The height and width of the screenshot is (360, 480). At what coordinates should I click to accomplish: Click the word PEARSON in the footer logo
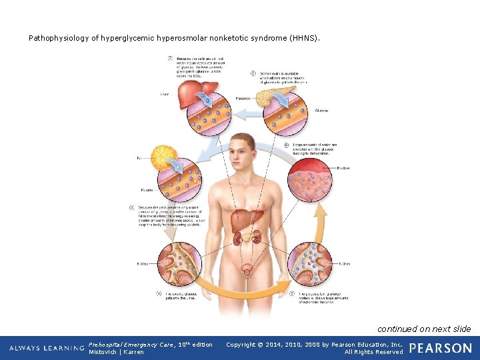[x=440, y=348]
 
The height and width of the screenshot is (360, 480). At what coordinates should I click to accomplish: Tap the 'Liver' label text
[x=165, y=95]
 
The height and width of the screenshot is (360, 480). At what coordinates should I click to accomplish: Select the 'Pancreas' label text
[x=243, y=98]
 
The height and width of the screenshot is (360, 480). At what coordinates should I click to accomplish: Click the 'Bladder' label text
[x=343, y=168]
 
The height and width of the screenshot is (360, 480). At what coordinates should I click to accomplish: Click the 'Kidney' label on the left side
[x=142, y=264]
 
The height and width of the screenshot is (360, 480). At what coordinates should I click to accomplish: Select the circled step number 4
[x=158, y=293]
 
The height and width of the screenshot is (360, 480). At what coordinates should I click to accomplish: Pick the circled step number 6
[x=287, y=145]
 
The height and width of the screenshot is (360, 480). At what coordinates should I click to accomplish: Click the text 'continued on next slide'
[x=424, y=329]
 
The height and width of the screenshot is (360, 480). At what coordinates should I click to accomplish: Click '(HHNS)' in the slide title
[x=305, y=38]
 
